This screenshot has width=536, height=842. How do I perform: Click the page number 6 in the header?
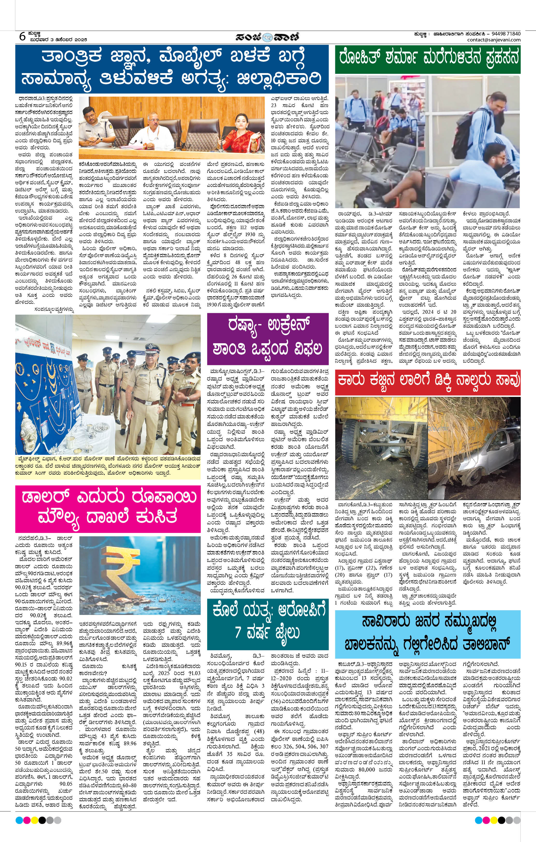tap(22, 36)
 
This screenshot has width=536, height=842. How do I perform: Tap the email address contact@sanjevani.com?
tap(494, 40)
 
